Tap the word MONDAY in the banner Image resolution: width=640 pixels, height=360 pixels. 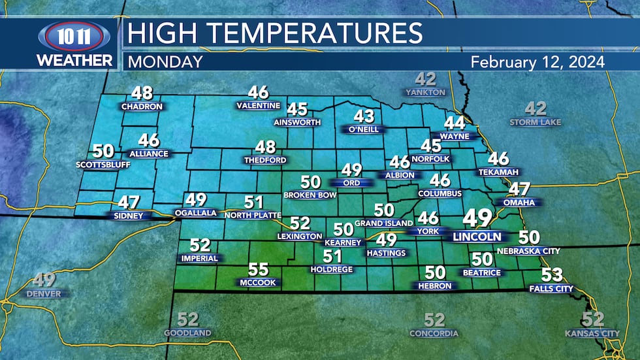(164, 62)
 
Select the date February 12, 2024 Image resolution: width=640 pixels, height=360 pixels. (537, 62)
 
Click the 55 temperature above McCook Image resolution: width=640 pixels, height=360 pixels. (259, 269)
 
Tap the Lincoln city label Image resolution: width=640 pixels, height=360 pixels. (477, 237)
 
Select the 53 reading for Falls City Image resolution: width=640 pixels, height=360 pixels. (552, 275)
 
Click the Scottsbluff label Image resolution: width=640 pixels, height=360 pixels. (103, 165)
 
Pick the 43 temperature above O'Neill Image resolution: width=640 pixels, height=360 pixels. (364, 116)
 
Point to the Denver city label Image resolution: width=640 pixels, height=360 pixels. (44, 294)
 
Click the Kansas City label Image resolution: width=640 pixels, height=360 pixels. (592, 333)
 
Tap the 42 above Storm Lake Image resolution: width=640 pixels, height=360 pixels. (536, 108)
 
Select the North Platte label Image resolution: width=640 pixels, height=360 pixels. (253, 215)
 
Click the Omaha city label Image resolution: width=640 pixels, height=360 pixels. (519, 203)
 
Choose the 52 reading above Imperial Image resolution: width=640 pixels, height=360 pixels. (200, 246)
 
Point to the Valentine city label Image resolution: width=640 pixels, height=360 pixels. (259, 106)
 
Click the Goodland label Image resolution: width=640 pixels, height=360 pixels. (187, 333)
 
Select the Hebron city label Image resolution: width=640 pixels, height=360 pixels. (435, 286)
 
